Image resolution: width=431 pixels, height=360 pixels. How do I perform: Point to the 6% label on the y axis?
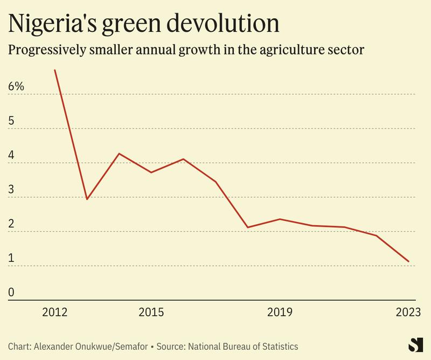[16, 87]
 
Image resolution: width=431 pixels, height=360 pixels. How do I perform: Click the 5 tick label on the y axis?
[12, 121]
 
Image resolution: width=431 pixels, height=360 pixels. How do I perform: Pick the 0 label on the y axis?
[12, 293]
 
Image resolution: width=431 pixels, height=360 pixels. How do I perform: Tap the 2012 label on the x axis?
[54, 313]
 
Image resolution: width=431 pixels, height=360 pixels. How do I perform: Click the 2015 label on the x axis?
[151, 313]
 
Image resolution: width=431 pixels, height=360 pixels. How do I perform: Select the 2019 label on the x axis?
[279, 313]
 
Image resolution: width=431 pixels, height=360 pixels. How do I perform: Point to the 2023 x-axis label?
[407, 313]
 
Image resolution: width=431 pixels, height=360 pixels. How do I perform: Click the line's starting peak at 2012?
[55, 70]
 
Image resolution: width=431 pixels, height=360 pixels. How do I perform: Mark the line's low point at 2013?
[87, 199]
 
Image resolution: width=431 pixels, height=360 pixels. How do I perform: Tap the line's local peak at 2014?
[119, 154]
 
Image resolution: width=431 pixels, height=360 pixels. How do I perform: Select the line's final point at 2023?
[408, 261]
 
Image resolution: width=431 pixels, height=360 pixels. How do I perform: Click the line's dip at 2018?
[247, 227]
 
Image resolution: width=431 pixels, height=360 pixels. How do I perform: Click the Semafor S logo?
[414, 345]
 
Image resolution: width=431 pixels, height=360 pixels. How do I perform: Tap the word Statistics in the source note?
[279, 347]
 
